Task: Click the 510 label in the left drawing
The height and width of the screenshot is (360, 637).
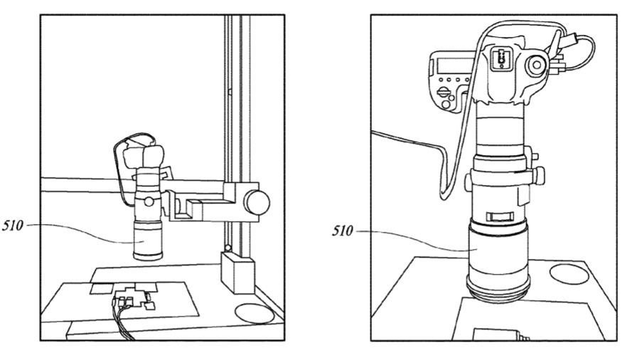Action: click(x=13, y=225)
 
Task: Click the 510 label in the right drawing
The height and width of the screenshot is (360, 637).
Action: click(x=343, y=231)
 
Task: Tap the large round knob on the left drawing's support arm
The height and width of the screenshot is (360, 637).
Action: click(x=257, y=202)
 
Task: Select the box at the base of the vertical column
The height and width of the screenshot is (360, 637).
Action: click(x=237, y=272)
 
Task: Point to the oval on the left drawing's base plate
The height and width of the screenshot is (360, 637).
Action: click(x=255, y=314)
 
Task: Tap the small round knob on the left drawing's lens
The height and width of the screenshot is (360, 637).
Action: click(x=149, y=201)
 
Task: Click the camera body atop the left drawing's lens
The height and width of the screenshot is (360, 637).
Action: click(x=144, y=157)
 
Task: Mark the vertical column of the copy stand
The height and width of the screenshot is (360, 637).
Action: click(x=237, y=134)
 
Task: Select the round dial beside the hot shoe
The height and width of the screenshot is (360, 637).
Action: click(x=537, y=65)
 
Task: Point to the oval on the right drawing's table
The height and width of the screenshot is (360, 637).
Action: click(x=569, y=274)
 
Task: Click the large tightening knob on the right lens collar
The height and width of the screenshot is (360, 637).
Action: click(x=539, y=175)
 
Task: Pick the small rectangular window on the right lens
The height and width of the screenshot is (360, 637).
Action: click(x=500, y=216)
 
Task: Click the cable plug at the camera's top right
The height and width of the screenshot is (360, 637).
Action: click(x=572, y=39)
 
